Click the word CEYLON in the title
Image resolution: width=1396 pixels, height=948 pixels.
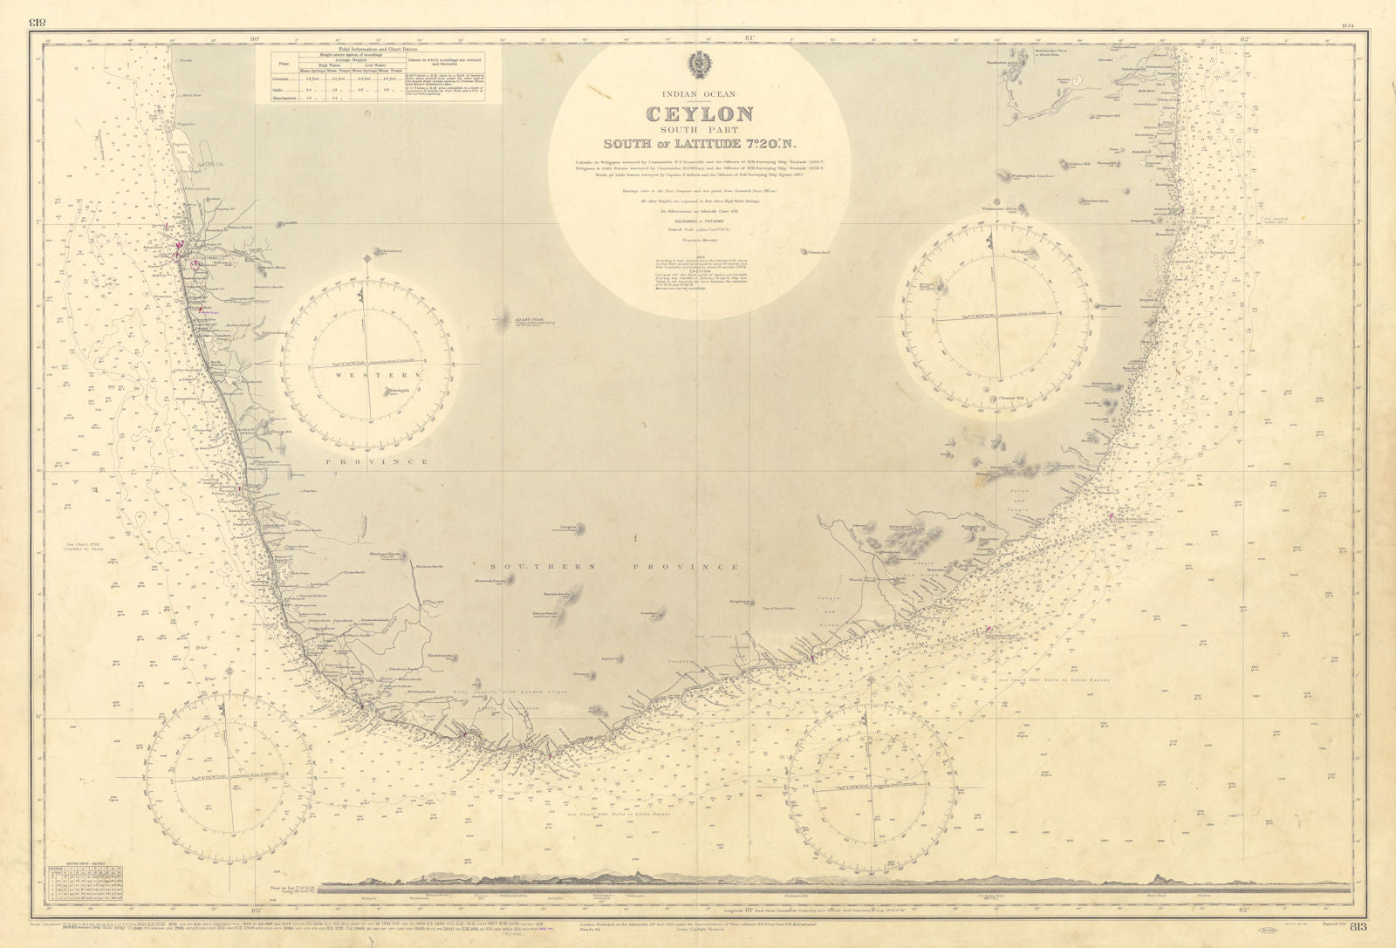[699, 113]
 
